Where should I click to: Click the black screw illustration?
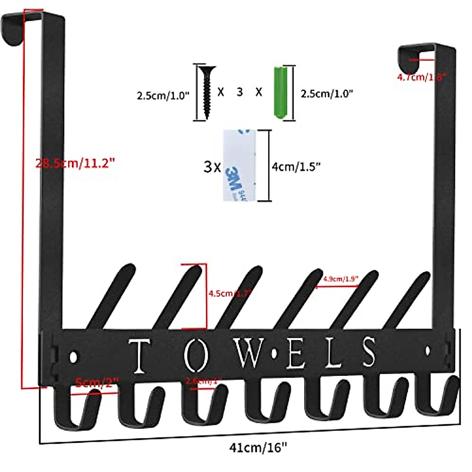(206, 91)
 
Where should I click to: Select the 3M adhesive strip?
(239, 165)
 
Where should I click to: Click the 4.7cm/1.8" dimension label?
(421, 77)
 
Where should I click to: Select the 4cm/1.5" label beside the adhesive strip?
(296, 167)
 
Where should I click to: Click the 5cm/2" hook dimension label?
(97, 382)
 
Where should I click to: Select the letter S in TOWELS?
(369, 353)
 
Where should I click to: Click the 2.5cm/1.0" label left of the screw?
(163, 96)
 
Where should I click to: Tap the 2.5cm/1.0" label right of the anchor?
(327, 94)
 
